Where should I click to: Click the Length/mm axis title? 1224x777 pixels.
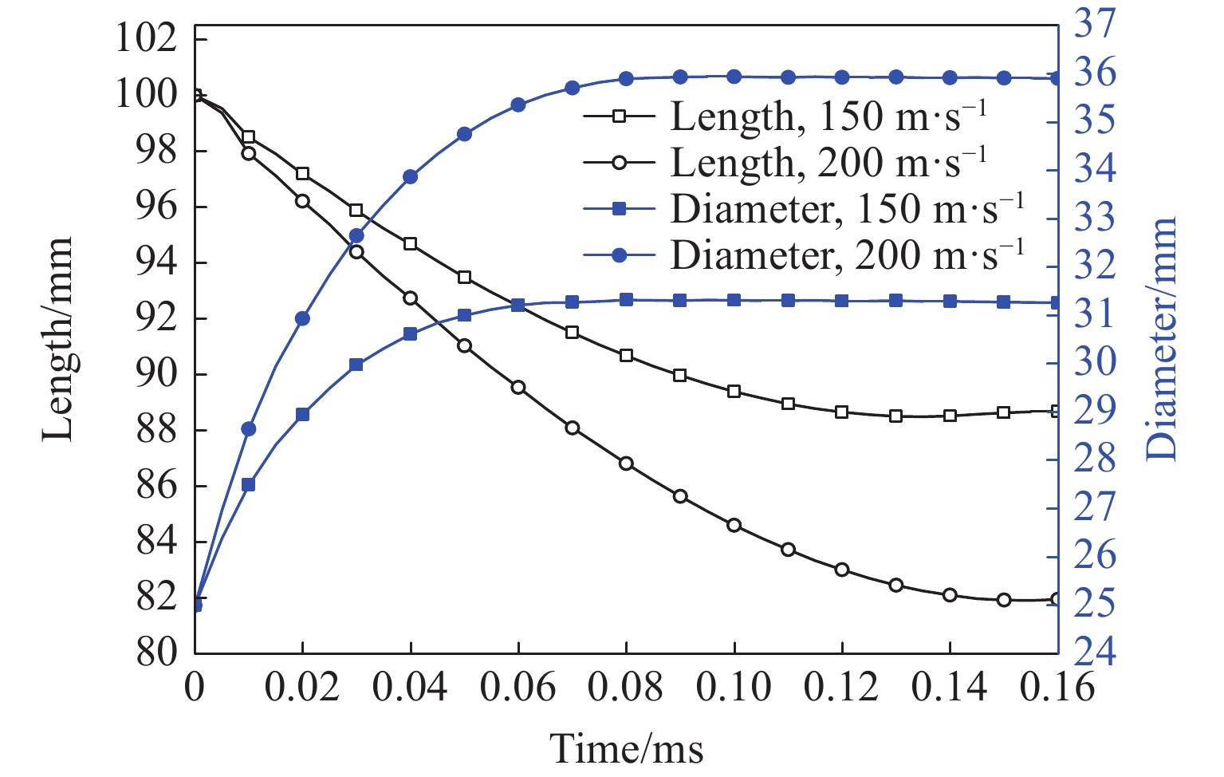57,339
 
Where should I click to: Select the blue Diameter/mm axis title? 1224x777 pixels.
1161,339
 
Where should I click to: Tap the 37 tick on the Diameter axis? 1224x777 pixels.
1095,25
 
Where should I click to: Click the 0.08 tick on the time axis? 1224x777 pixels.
626,686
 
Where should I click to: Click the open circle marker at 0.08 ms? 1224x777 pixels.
626,463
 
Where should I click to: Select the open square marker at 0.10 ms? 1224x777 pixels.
734,392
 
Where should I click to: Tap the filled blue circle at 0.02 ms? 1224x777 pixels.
302,318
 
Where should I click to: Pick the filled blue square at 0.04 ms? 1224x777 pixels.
410,334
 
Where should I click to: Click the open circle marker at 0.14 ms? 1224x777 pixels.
950,595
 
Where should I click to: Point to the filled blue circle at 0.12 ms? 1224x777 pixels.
842,77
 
